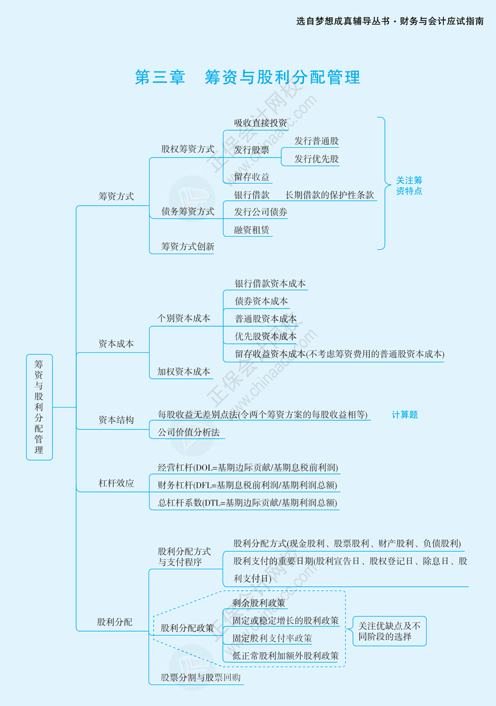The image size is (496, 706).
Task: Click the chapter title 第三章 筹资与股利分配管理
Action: click(247, 77)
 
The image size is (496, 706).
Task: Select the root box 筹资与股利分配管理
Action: click(39, 406)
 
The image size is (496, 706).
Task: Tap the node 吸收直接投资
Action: click(260, 123)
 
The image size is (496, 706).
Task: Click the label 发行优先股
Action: click(316, 159)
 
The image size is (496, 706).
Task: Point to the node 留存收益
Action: click(252, 177)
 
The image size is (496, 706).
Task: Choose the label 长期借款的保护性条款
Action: click(329, 194)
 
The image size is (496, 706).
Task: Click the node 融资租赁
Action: click(252, 230)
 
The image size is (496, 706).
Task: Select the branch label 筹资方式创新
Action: click(188, 246)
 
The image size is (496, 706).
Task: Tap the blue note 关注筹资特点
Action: click(409, 186)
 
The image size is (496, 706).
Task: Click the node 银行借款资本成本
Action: click(270, 284)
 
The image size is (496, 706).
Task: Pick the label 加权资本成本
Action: click(184, 372)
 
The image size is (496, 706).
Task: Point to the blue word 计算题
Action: click(404, 415)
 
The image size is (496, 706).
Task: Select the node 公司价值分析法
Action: click(188, 432)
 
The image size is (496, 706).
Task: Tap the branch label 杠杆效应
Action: click(116, 483)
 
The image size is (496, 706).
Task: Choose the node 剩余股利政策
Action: click(259, 603)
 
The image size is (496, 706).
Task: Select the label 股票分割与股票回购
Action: click(201, 678)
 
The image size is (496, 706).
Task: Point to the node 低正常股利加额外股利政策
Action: click(285, 656)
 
